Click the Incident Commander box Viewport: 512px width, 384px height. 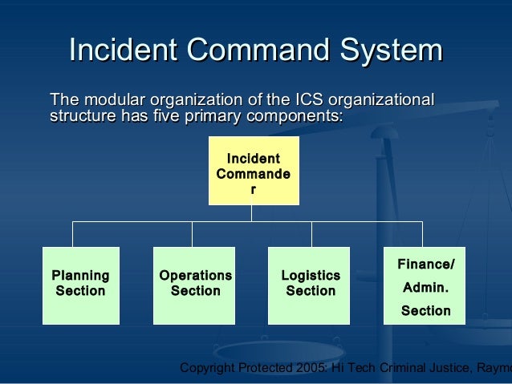[254, 170]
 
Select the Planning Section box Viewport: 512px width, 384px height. [80, 285]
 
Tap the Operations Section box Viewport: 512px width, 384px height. [195, 285]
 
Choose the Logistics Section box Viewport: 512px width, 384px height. [310, 285]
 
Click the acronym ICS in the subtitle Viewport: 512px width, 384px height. [307, 101]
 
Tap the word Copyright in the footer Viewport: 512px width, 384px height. [207, 368]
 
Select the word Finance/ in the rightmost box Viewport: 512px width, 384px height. [425, 265]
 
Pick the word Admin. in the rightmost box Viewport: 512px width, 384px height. [425, 287]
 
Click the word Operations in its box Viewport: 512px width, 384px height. [195, 276]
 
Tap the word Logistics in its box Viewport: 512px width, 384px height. [310, 276]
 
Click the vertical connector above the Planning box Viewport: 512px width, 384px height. [73, 234]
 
